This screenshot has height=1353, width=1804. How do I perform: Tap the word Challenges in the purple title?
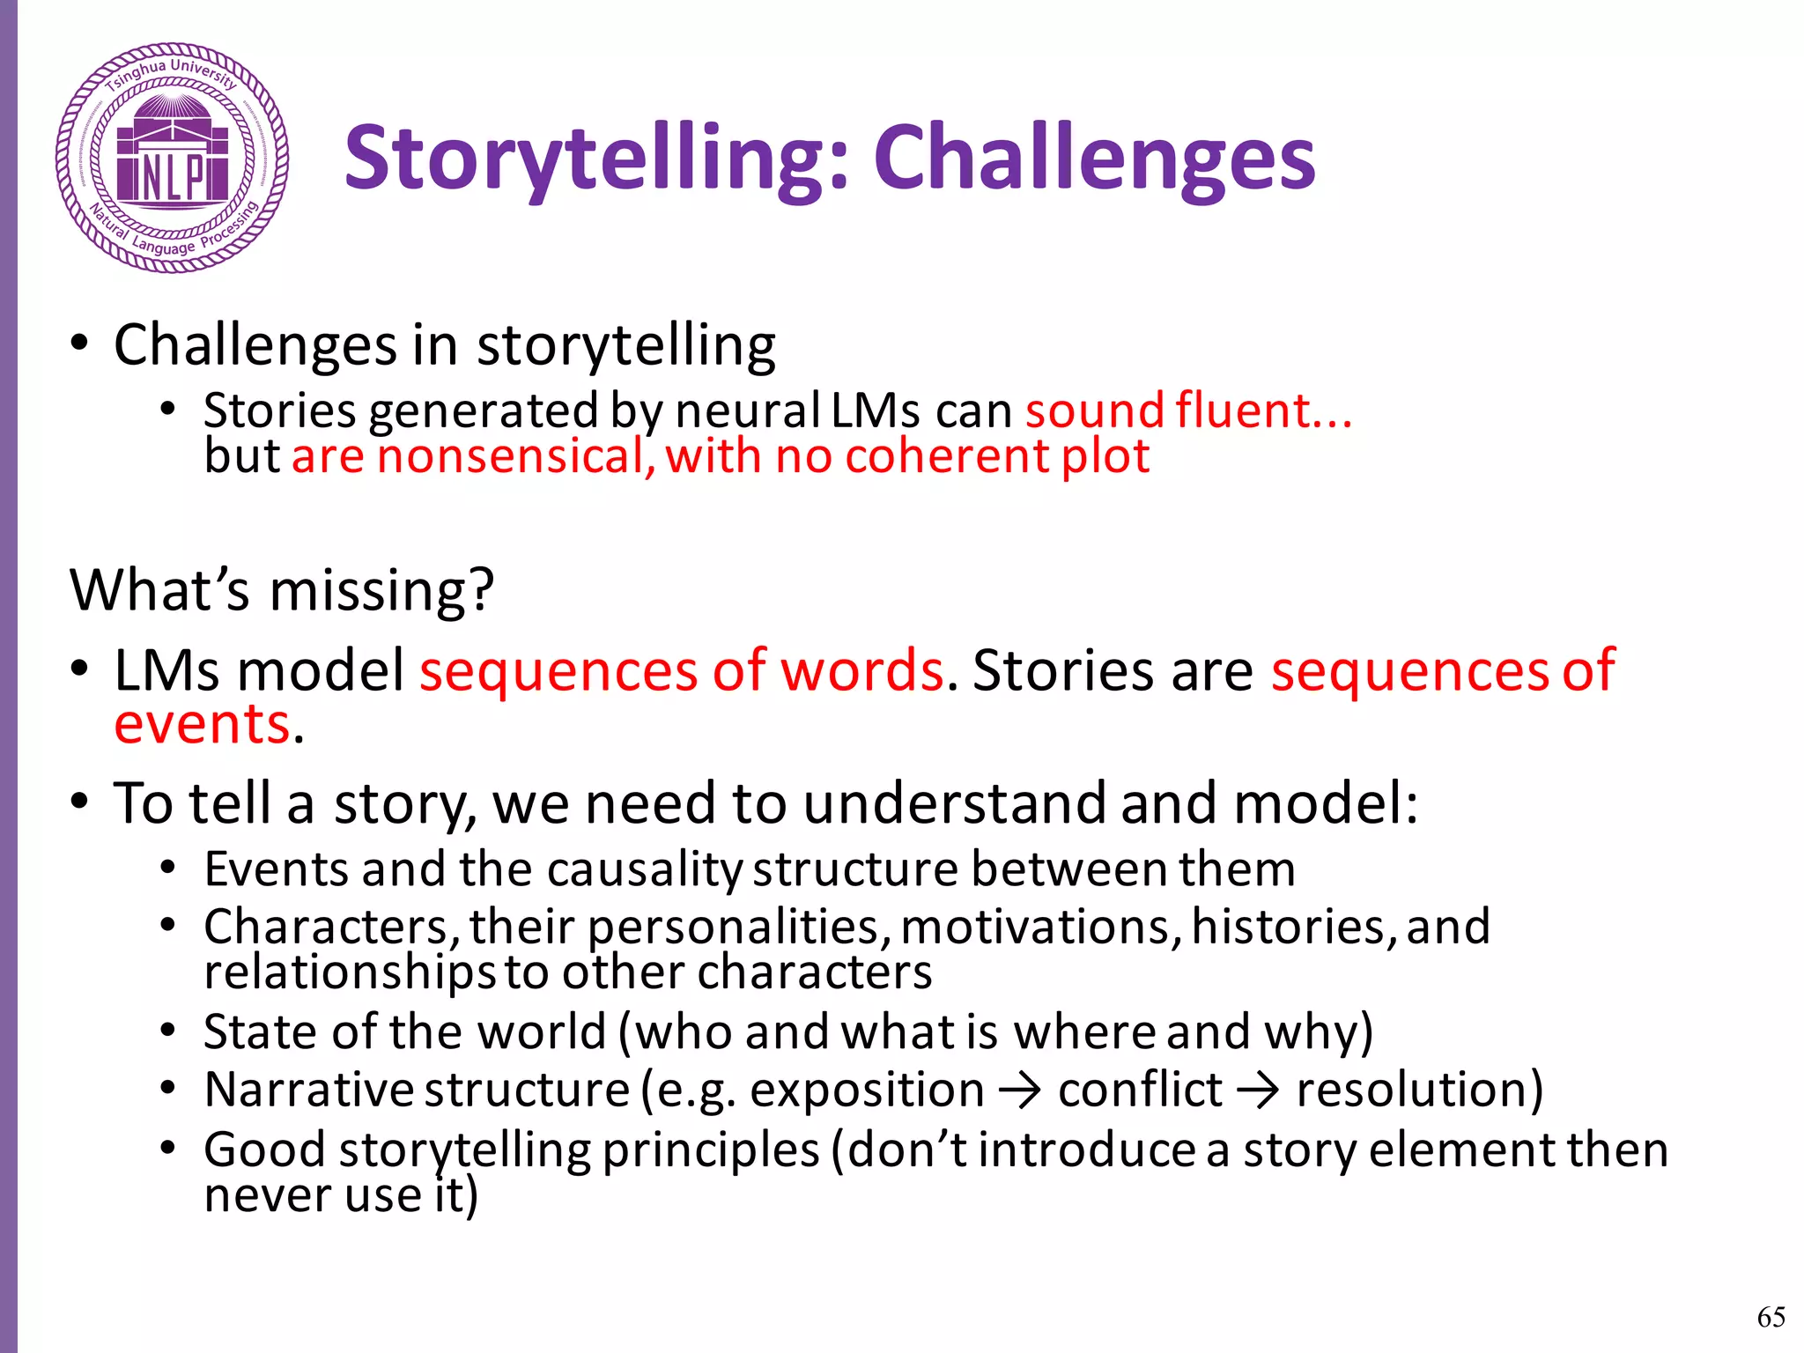pyautogui.click(x=1094, y=159)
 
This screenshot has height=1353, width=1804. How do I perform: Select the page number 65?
pyautogui.click(x=1771, y=1317)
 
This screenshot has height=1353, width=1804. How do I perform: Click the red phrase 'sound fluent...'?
pyautogui.click(x=1188, y=410)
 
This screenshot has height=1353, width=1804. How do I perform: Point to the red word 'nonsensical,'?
pyautogui.click(x=516, y=457)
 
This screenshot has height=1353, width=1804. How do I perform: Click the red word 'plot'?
pyautogui.click(x=1105, y=457)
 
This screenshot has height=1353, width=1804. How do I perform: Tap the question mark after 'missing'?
pyautogui.click(x=482, y=589)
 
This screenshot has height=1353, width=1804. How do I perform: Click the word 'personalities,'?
pyautogui.click(x=734, y=928)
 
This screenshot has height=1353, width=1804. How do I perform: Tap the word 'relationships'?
pyautogui.click(x=350, y=972)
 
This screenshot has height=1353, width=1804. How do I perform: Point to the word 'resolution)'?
pyautogui.click(x=1419, y=1090)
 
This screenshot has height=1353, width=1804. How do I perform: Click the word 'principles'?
pyautogui.click(x=711, y=1150)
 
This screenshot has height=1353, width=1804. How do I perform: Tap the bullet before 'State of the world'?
pyautogui.click(x=168, y=1030)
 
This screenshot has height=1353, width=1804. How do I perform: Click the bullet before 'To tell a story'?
pyautogui.click(x=79, y=802)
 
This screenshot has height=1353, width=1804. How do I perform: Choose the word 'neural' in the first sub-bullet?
pyautogui.click(x=748, y=410)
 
